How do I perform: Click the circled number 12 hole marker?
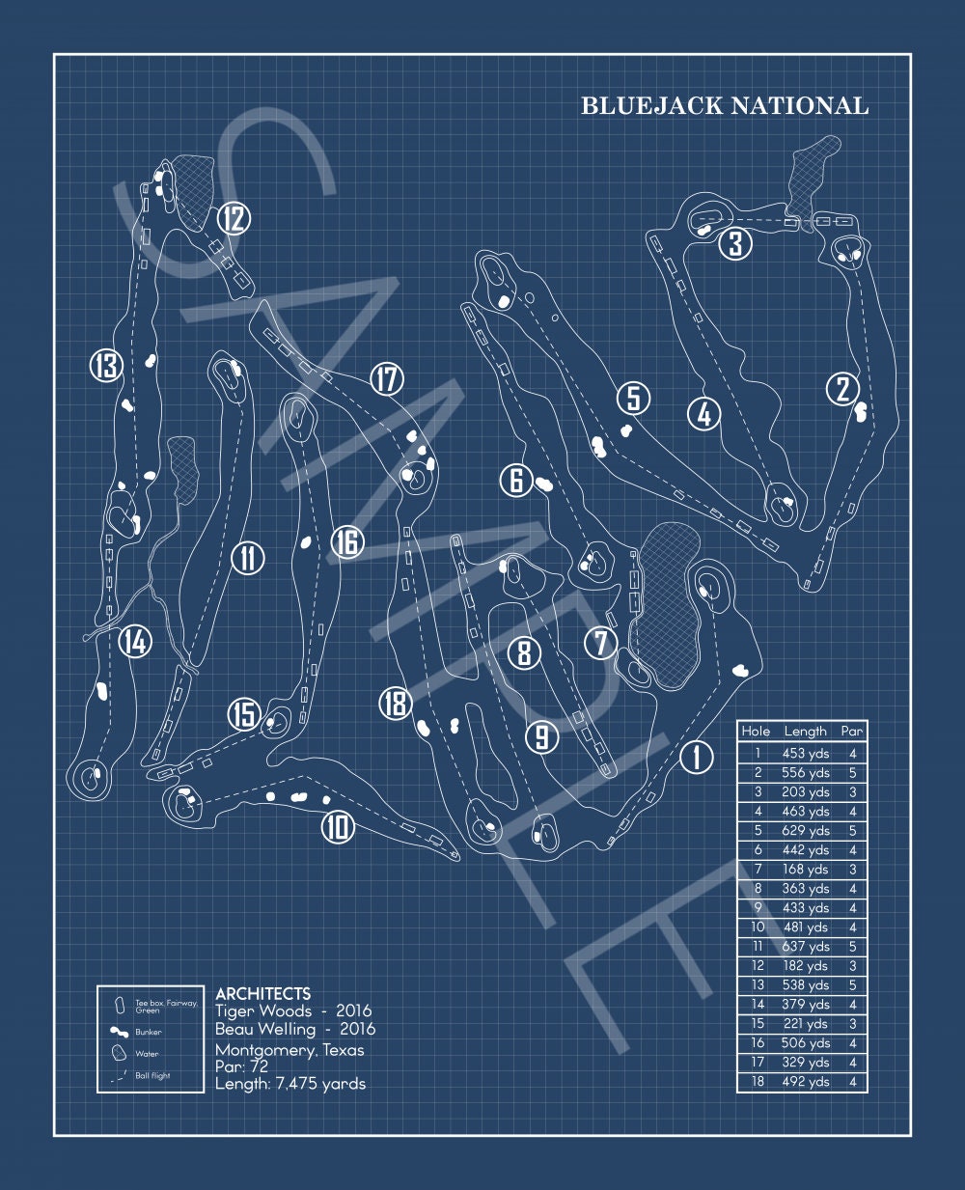[234, 218]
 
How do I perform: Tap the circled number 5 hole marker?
[633, 399]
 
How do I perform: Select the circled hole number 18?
[396, 703]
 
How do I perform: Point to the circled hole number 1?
[697, 757]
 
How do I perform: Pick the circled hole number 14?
[136, 641]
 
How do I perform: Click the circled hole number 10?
[338, 826]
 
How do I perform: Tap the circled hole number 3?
[735, 243]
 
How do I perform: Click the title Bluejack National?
[725, 106]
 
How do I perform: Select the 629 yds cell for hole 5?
[805, 830]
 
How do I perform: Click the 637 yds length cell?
[805, 946]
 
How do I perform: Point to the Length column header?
[805, 731]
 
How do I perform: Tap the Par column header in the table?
[852, 731]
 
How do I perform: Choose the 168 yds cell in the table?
[805, 869]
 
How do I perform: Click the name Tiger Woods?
[263, 1010]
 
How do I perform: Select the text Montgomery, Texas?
[289, 1050]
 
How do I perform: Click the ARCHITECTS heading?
[263, 993]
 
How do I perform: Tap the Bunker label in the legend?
[148, 1032]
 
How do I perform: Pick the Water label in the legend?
[147, 1054]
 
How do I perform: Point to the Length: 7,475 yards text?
[290, 1083]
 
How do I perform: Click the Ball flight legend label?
[152, 1075]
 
